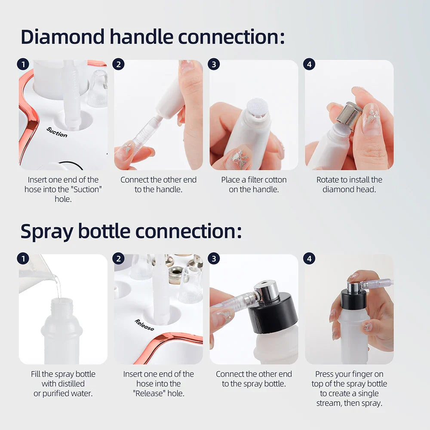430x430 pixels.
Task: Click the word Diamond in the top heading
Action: click(x=62, y=37)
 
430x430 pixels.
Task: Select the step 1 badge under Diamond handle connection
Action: click(x=23, y=65)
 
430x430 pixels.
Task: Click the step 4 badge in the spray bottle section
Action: click(x=309, y=259)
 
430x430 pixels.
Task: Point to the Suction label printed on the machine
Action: click(x=57, y=132)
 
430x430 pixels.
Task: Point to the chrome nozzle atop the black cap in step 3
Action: click(x=267, y=290)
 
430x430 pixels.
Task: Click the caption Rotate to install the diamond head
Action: click(x=349, y=184)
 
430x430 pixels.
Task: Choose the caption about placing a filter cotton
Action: click(x=254, y=184)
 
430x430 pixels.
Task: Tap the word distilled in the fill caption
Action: click(x=63, y=384)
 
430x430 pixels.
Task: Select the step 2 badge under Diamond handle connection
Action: click(x=118, y=65)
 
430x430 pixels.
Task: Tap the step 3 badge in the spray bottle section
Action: click(x=214, y=259)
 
